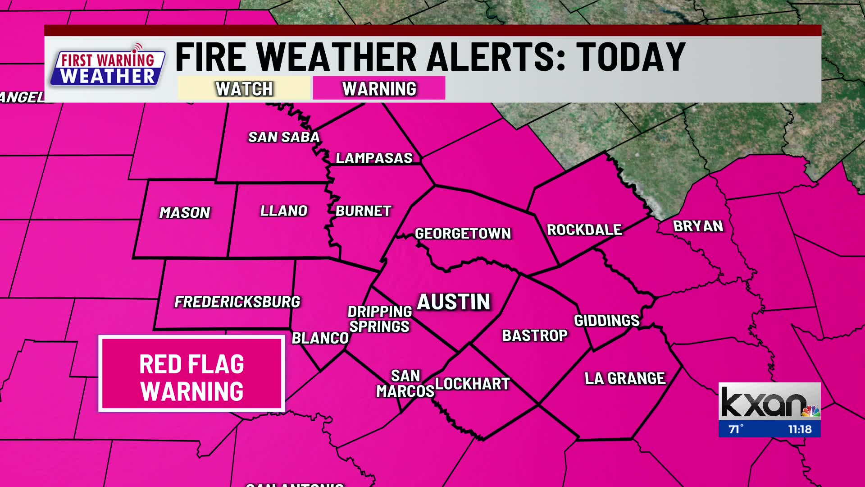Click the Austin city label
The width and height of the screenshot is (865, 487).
tap(453, 302)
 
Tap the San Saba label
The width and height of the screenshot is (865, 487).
tap(284, 137)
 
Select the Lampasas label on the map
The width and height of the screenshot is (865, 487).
tap(374, 158)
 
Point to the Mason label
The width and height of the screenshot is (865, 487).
tap(185, 212)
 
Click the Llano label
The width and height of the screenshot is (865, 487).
tap(284, 211)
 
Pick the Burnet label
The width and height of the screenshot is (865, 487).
tap(363, 211)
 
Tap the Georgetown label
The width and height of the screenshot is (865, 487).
tap(463, 234)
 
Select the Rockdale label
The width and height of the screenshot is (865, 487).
tap(584, 230)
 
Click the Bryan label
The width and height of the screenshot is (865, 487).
tap(698, 226)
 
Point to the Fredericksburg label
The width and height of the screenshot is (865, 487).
tap(237, 302)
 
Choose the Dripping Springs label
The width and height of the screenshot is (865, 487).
tap(380, 319)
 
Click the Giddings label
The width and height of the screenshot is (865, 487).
tap(606, 321)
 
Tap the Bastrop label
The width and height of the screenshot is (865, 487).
tap(535, 335)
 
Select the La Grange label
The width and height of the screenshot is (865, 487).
tap(625, 378)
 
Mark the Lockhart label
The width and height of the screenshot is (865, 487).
tap(472, 384)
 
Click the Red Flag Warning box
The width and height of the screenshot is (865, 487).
tap(191, 374)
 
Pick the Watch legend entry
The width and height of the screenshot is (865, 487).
tap(244, 88)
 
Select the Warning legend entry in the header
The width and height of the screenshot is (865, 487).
tap(379, 88)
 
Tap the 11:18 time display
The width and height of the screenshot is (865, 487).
tap(800, 429)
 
